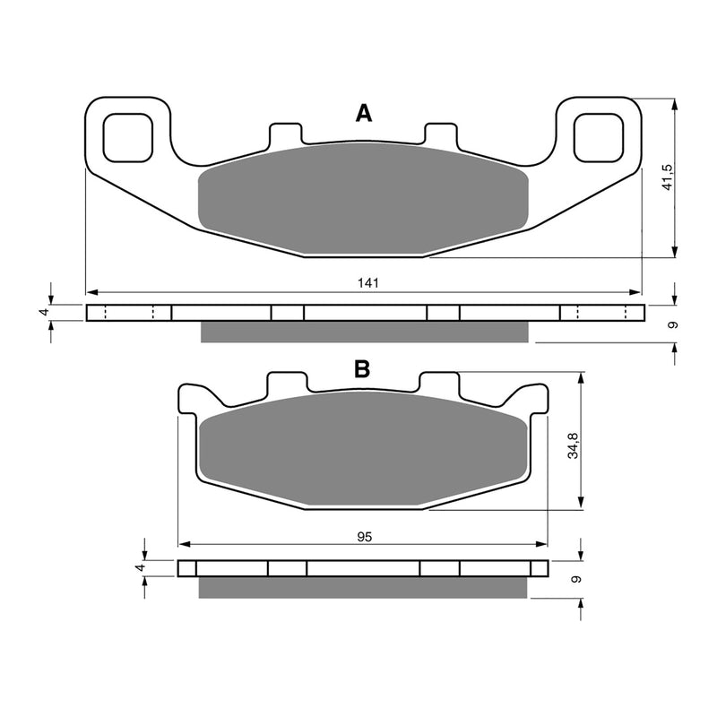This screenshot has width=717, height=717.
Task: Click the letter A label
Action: [x=363, y=113]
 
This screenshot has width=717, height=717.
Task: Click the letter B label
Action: [x=362, y=368]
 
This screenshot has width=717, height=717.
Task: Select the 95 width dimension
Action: [x=363, y=537]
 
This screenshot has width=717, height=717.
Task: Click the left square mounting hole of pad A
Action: [x=128, y=135]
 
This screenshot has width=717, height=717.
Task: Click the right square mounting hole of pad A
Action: [x=598, y=135]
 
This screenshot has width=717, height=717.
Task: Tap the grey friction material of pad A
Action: [x=363, y=202]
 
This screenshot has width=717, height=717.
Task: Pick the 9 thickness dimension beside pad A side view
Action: [x=673, y=324]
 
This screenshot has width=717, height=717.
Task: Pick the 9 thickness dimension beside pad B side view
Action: [x=574, y=579]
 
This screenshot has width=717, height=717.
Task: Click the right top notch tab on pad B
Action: [x=440, y=384]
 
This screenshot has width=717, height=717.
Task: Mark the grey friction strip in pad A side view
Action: [x=365, y=332]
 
